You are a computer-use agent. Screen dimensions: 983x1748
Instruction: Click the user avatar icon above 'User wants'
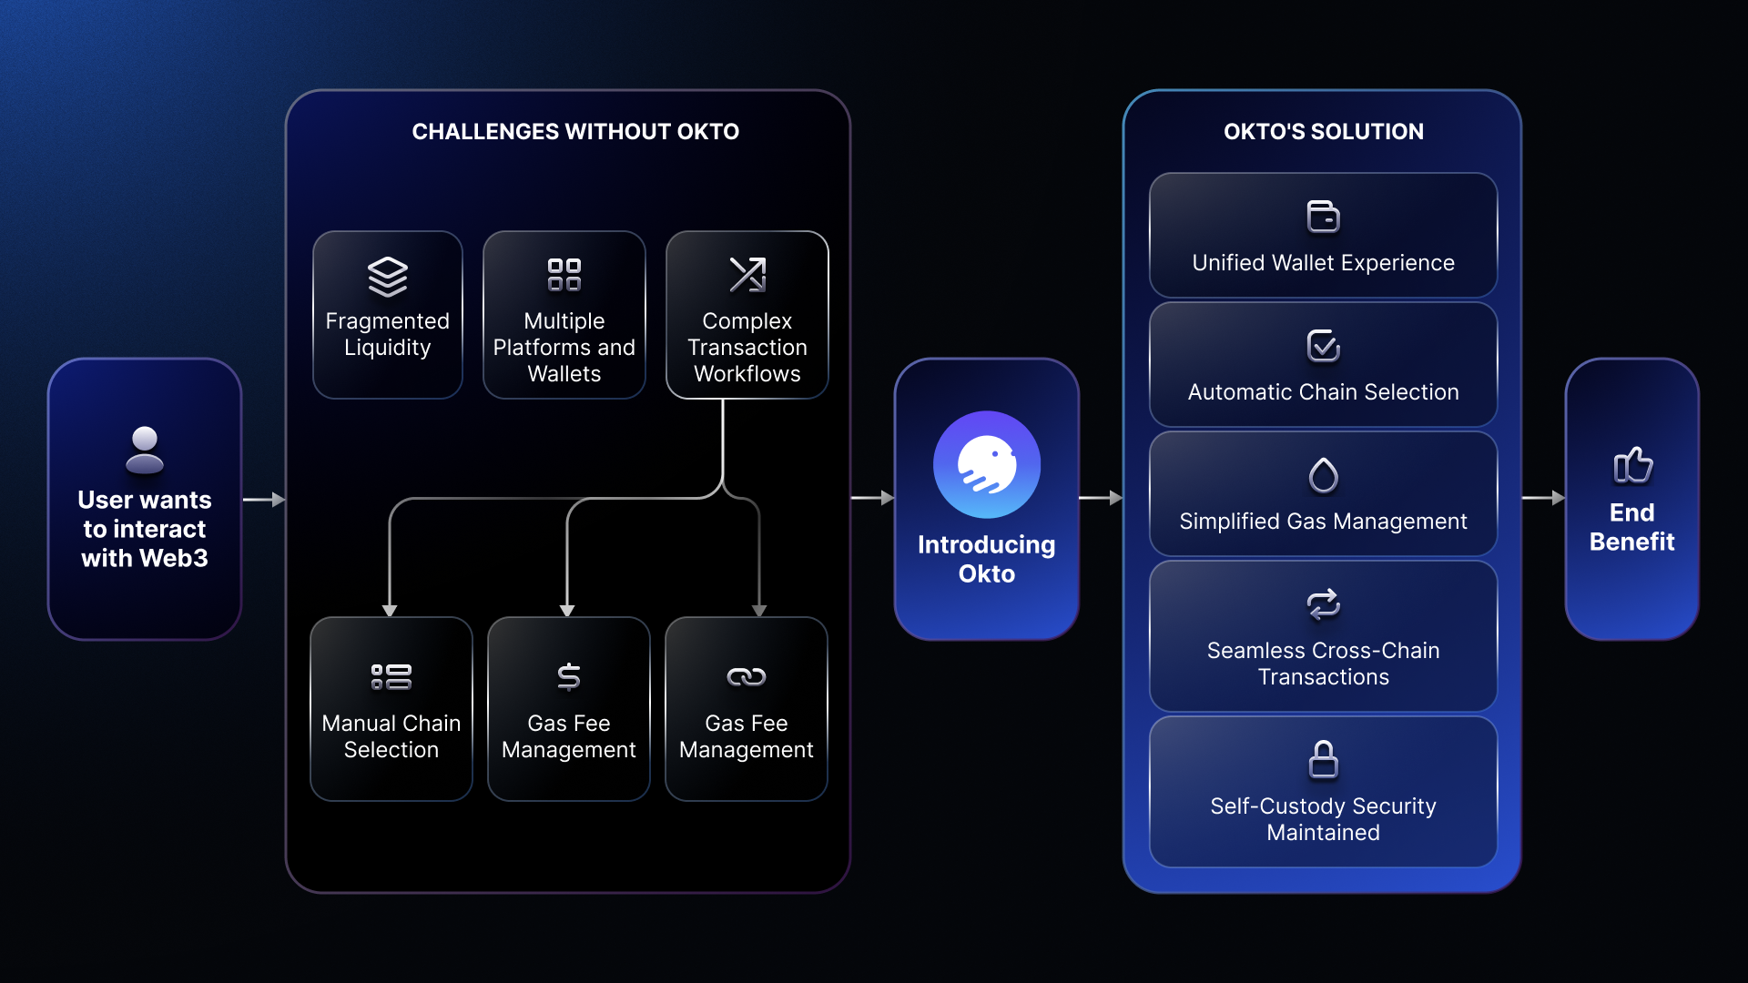pyautogui.click(x=144, y=450)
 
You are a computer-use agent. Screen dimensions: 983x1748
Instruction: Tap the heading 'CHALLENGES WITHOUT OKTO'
pyautogui.click(x=574, y=132)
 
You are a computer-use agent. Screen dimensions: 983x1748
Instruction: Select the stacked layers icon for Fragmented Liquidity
pyautogui.click(x=387, y=276)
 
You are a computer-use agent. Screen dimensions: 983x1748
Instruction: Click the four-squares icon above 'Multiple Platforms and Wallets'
pyautogui.click(x=564, y=275)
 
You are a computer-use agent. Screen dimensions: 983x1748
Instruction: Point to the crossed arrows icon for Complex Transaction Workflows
pyautogui.click(x=747, y=275)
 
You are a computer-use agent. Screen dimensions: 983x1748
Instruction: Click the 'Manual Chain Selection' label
pyautogui.click(x=391, y=736)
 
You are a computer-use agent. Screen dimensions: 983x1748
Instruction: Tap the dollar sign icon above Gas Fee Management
pyautogui.click(x=568, y=676)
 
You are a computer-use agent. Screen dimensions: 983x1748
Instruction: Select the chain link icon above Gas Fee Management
pyautogui.click(x=746, y=676)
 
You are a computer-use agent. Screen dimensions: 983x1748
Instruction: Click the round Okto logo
pyautogui.click(x=986, y=464)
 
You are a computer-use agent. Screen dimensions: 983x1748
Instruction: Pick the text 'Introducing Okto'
pyautogui.click(x=986, y=559)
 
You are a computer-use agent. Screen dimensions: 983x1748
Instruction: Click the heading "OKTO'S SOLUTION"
pyautogui.click(x=1323, y=132)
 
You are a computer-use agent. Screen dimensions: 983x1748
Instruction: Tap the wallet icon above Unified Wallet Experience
pyautogui.click(x=1323, y=217)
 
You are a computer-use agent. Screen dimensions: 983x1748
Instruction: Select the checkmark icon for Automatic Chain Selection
pyautogui.click(x=1323, y=346)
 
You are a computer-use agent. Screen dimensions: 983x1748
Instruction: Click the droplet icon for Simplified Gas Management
pyautogui.click(x=1323, y=475)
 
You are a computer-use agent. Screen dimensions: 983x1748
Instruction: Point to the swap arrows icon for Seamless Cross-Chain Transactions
pyautogui.click(x=1323, y=604)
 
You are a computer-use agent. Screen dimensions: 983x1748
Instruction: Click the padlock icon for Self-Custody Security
pyautogui.click(x=1323, y=760)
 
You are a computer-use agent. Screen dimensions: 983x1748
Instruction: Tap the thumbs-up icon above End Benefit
pyautogui.click(x=1632, y=465)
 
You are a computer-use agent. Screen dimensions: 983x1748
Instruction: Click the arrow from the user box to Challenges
pyautogui.click(x=264, y=500)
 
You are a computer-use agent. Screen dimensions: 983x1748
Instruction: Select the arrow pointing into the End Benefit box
pyautogui.click(x=1543, y=498)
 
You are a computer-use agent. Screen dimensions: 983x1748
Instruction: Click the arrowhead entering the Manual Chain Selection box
pyautogui.click(x=390, y=610)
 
